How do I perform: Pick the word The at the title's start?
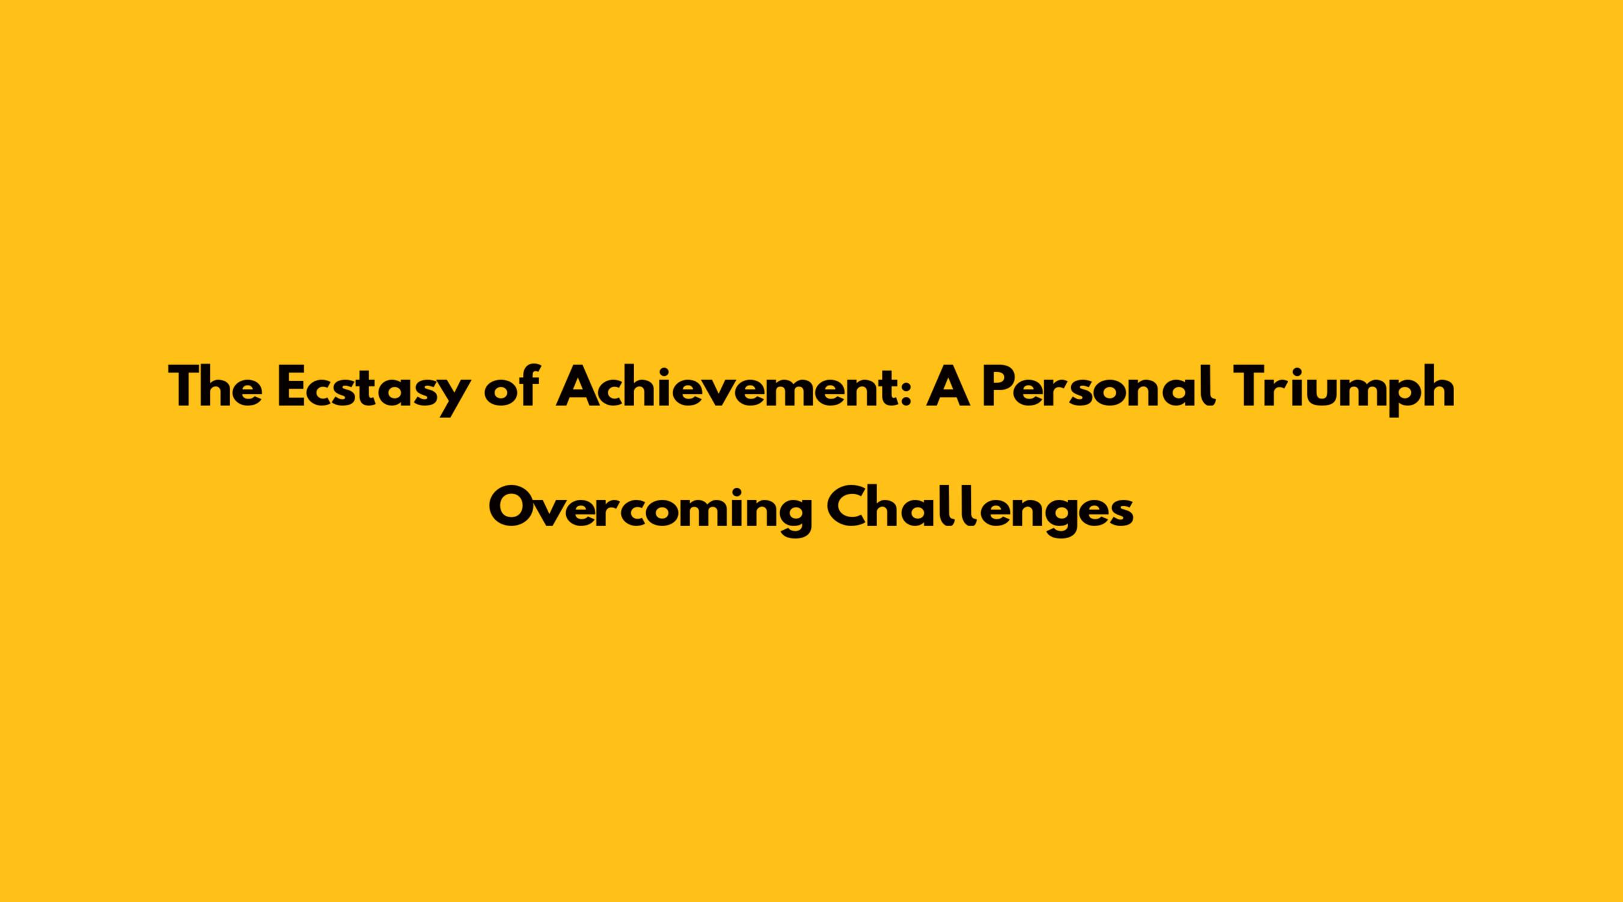coord(215,387)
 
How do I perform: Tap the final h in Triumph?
coord(1439,387)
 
